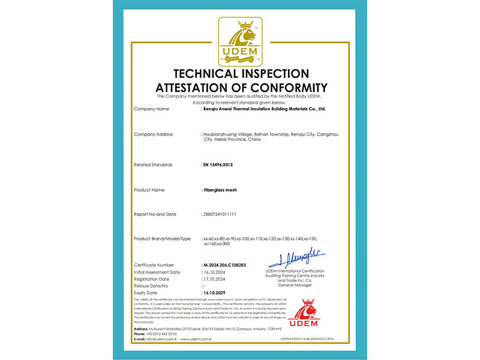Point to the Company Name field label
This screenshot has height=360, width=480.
tap(152, 109)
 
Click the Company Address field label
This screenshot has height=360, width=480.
tap(154, 134)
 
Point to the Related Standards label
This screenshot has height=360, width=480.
tap(154, 164)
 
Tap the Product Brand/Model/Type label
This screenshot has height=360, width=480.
tap(162, 239)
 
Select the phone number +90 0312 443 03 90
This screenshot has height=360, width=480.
tap(169, 334)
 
